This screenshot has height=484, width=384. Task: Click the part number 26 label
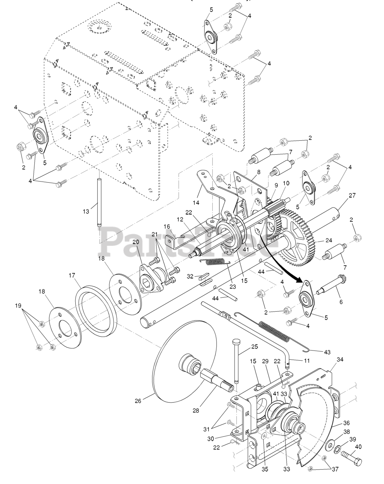138,401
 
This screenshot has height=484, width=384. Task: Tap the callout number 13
86,211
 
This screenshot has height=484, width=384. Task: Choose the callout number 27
352,195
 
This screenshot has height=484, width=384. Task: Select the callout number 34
340,359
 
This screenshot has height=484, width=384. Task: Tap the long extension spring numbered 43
280,333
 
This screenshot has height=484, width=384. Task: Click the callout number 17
72,276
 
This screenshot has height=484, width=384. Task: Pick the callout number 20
136,242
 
